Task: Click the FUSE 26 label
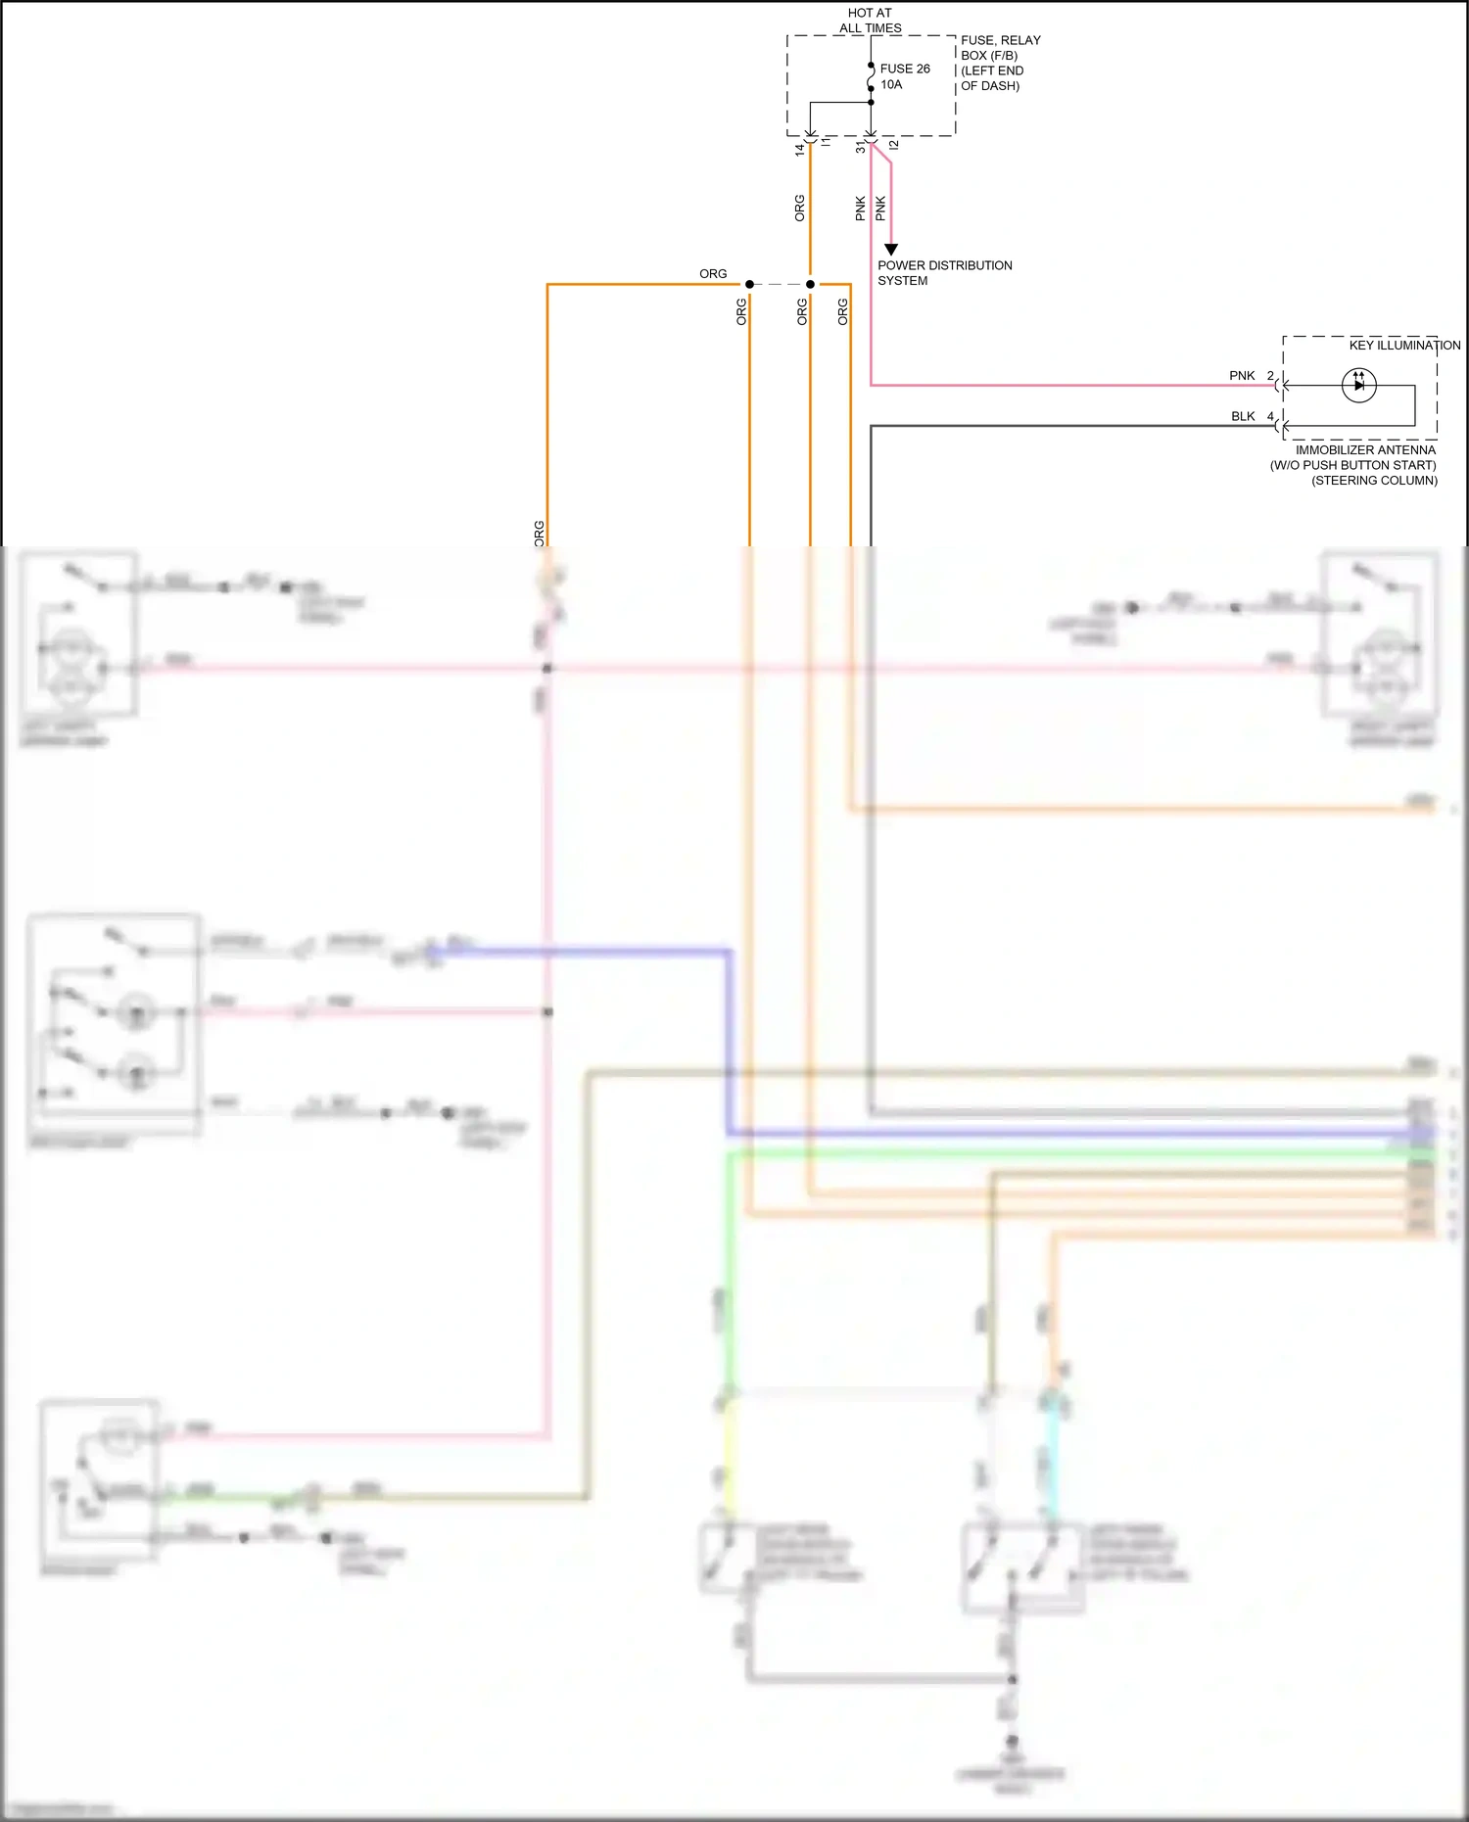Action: click(905, 69)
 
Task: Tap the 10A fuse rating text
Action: click(891, 84)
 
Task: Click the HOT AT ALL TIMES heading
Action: click(870, 21)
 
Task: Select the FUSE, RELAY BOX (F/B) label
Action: click(1000, 47)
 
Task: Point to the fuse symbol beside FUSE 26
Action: click(871, 76)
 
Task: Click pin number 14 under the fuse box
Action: click(800, 150)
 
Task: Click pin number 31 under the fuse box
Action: click(861, 148)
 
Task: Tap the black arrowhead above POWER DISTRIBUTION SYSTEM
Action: click(890, 250)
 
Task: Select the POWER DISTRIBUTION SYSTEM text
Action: click(943, 272)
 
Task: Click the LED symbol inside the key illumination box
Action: click(1358, 385)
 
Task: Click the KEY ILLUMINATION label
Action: click(1403, 345)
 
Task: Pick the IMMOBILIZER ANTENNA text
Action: click(1364, 449)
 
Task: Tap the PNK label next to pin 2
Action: click(1241, 375)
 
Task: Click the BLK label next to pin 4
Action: click(1242, 416)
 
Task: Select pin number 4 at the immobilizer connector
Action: click(1270, 416)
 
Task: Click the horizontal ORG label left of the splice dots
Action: click(713, 273)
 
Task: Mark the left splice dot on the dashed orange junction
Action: click(749, 284)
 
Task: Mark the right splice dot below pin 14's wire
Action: click(810, 284)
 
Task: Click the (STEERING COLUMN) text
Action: click(1374, 480)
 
